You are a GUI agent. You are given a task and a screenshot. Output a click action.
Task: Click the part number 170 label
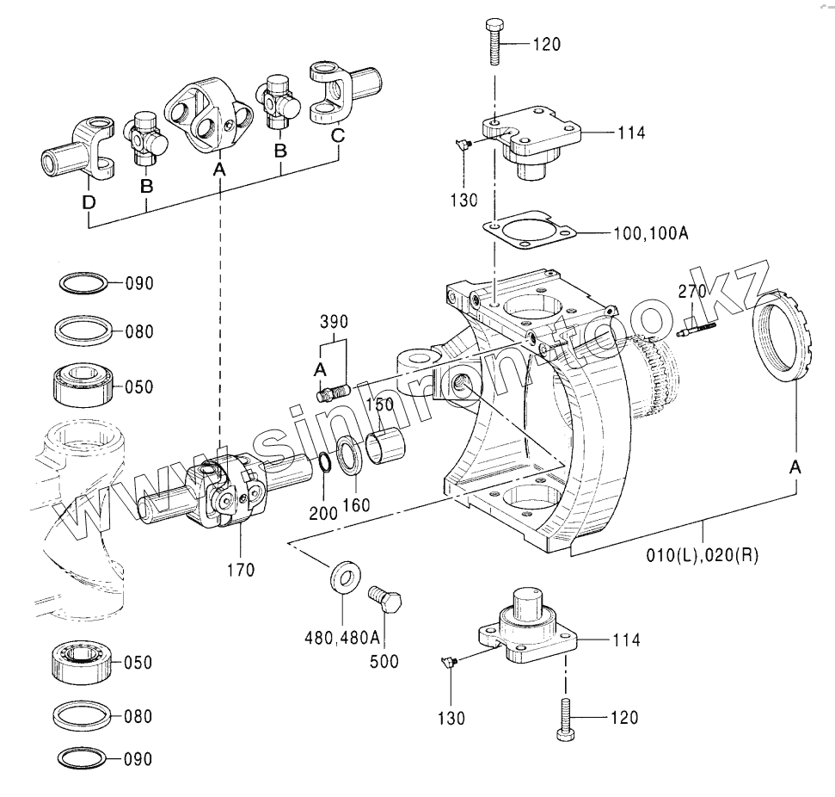(x=241, y=570)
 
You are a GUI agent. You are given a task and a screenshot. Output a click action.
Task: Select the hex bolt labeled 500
(x=385, y=600)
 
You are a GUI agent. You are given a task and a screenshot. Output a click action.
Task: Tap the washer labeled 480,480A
(x=345, y=577)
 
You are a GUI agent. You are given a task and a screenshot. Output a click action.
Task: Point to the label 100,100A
(x=651, y=233)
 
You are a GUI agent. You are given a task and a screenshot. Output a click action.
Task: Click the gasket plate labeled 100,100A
(x=530, y=233)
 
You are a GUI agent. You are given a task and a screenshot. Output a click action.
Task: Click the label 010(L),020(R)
(x=703, y=555)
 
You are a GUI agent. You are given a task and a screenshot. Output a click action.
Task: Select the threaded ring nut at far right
(x=783, y=336)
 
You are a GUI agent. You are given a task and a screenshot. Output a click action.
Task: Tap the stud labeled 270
(x=697, y=328)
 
